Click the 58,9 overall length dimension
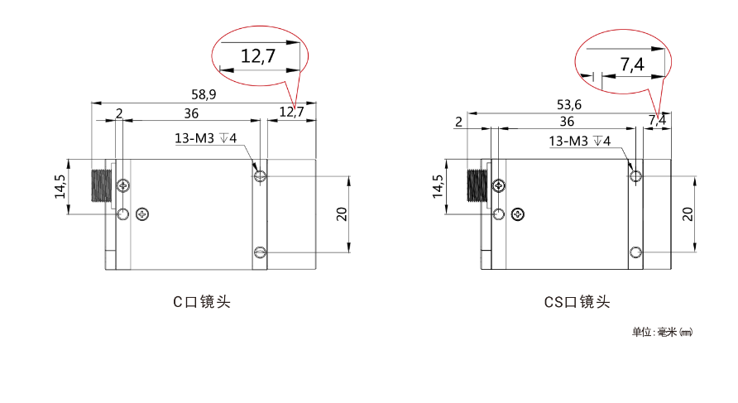click(204, 94)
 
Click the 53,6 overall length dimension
click(569, 104)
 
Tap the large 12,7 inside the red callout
click(258, 56)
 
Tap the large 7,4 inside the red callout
click(631, 64)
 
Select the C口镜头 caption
click(202, 302)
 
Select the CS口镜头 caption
click(577, 302)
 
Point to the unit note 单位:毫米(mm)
click(662, 333)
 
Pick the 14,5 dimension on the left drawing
click(60, 187)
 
